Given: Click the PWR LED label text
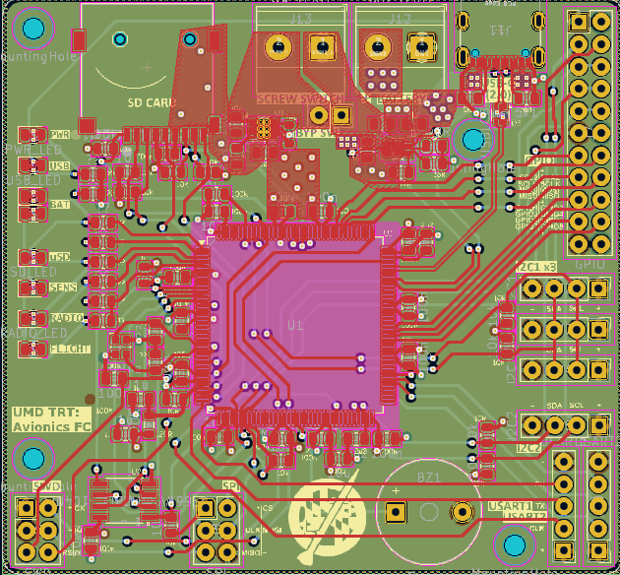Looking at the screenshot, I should coord(61,134).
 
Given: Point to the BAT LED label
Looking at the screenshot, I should coord(60,204).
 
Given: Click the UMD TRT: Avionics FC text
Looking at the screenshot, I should coord(50,419).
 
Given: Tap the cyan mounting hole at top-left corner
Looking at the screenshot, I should coord(33,31).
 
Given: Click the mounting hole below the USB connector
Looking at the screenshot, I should coord(471,140).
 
